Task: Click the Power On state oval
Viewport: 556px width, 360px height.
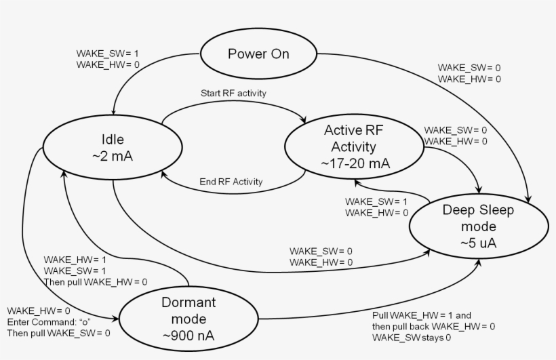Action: point(258,54)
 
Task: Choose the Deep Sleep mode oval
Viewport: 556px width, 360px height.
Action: point(478,226)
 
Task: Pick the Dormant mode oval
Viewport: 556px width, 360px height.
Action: point(189,317)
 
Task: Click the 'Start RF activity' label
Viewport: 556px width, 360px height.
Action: point(233,93)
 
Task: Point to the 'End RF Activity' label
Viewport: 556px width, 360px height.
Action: point(231,182)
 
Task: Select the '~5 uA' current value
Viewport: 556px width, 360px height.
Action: point(478,243)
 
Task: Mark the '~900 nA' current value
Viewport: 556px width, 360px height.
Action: point(189,334)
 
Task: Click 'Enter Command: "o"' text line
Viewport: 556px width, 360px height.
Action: point(49,321)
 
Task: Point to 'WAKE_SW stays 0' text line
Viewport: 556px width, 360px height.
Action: point(412,338)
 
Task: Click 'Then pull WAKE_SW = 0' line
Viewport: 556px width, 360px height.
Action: point(58,333)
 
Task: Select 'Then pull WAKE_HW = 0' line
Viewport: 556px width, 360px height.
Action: point(96,281)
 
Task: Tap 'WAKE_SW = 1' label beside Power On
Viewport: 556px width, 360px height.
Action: point(108,54)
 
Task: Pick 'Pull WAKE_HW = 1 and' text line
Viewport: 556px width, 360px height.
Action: point(422,315)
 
